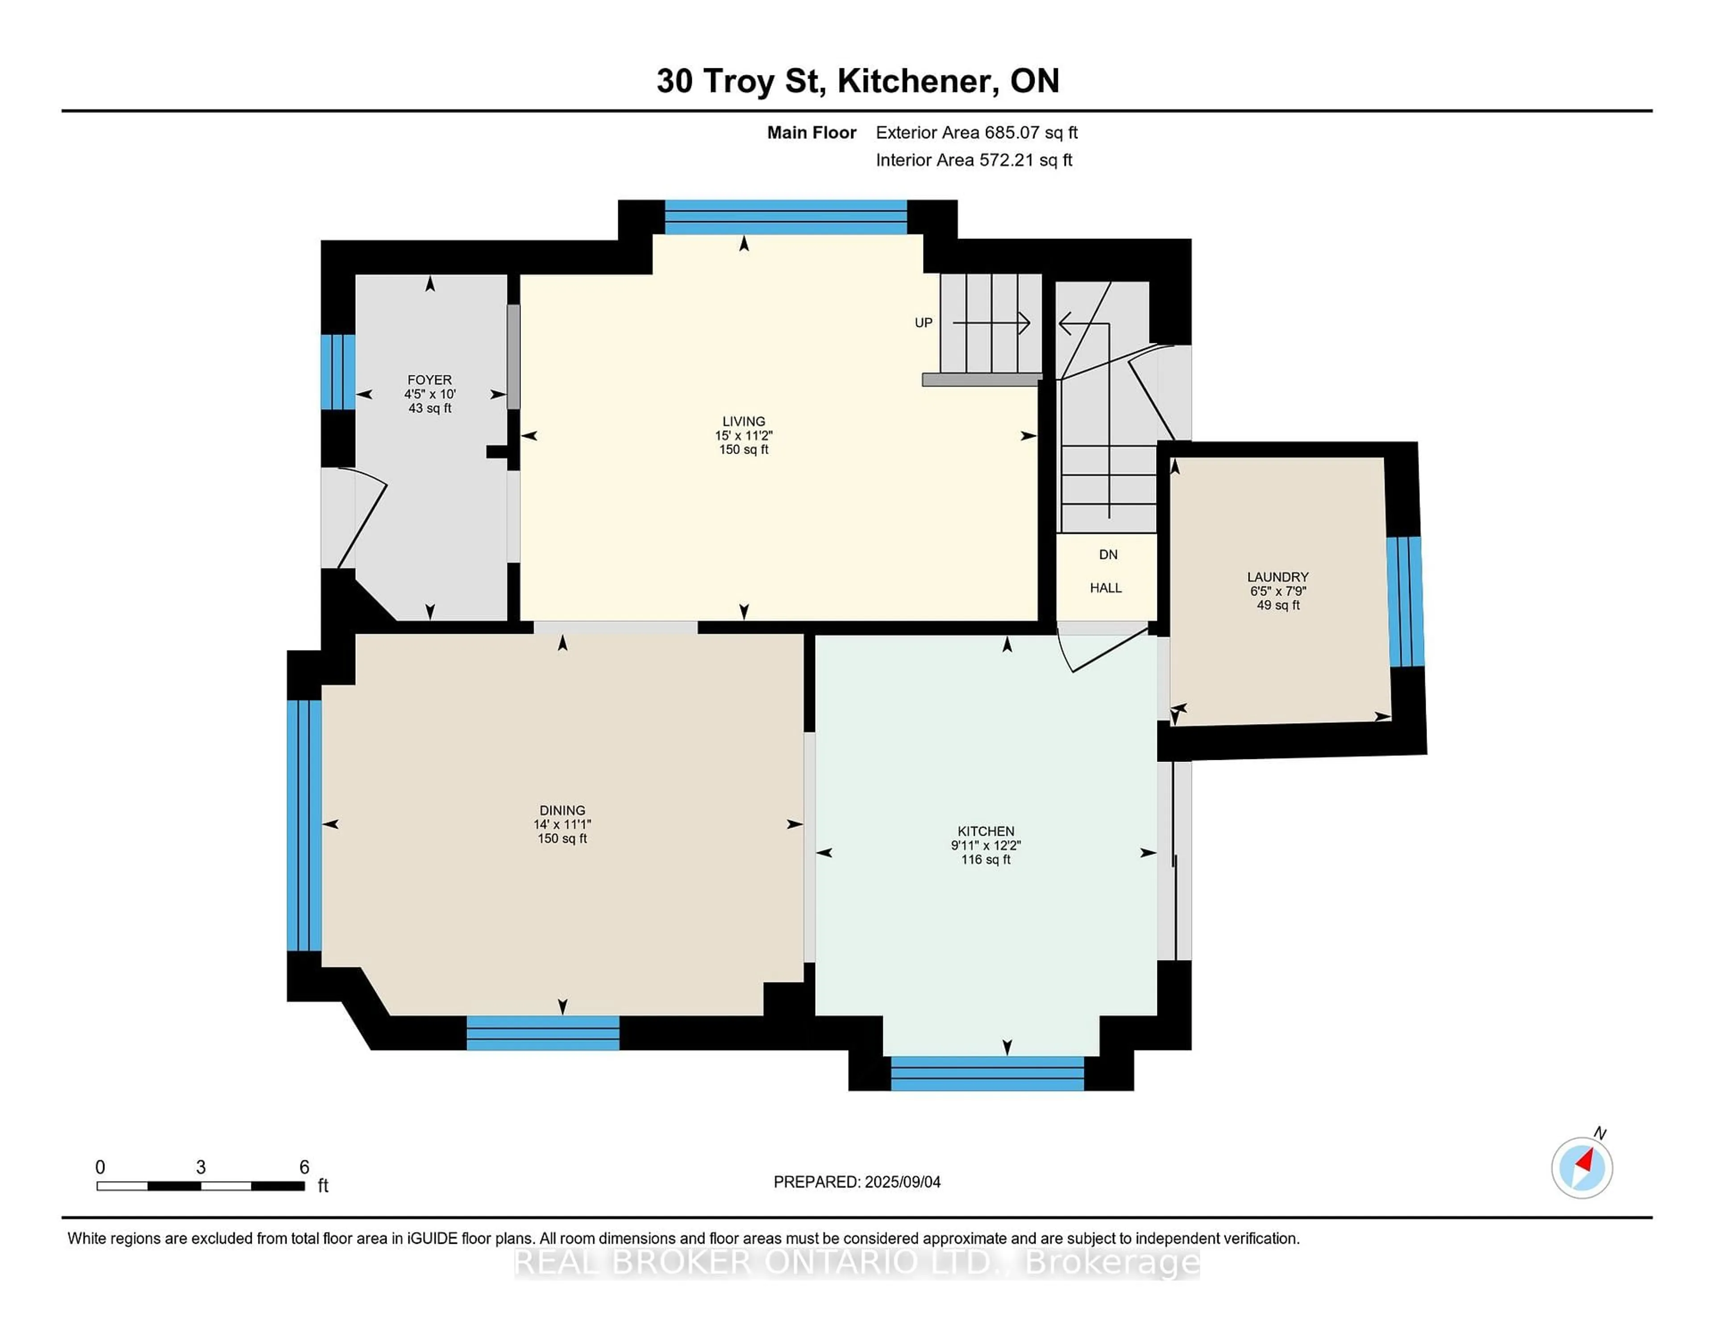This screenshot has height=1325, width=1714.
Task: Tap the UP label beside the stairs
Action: tap(923, 323)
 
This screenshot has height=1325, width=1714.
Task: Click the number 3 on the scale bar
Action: tap(201, 1167)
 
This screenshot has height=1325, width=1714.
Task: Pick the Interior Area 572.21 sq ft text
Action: tap(974, 160)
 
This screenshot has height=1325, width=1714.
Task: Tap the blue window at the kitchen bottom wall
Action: tap(987, 1073)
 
